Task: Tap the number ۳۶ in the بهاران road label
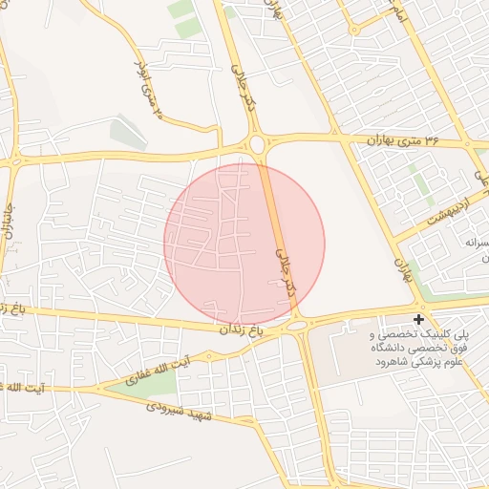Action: (x=433, y=140)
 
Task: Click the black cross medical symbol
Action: (x=417, y=318)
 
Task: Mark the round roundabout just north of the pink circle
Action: (x=256, y=145)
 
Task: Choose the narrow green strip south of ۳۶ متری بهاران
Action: (x=420, y=182)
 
